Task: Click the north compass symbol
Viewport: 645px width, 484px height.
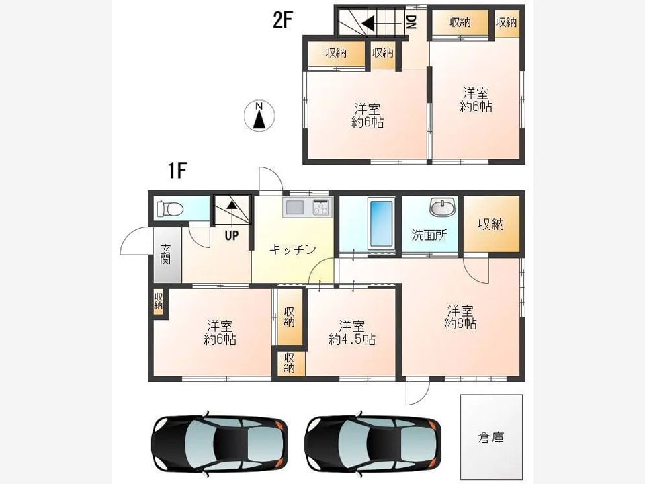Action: (x=259, y=115)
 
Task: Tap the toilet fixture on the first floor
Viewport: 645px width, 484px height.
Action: (x=169, y=208)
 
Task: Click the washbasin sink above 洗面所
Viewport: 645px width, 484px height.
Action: (x=442, y=208)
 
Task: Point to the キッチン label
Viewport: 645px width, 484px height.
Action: (x=292, y=250)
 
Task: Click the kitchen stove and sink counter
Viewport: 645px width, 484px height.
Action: (x=308, y=207)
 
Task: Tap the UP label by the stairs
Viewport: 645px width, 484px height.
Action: (x=232, y=236)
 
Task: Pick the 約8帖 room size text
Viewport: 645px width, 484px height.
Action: (x=461, y=324)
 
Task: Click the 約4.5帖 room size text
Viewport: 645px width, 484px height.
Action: (x=351, y=339)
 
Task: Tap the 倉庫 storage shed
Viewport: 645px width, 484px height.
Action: (x=491, y=438)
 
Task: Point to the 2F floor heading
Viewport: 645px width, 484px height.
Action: (x=283, y=20)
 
